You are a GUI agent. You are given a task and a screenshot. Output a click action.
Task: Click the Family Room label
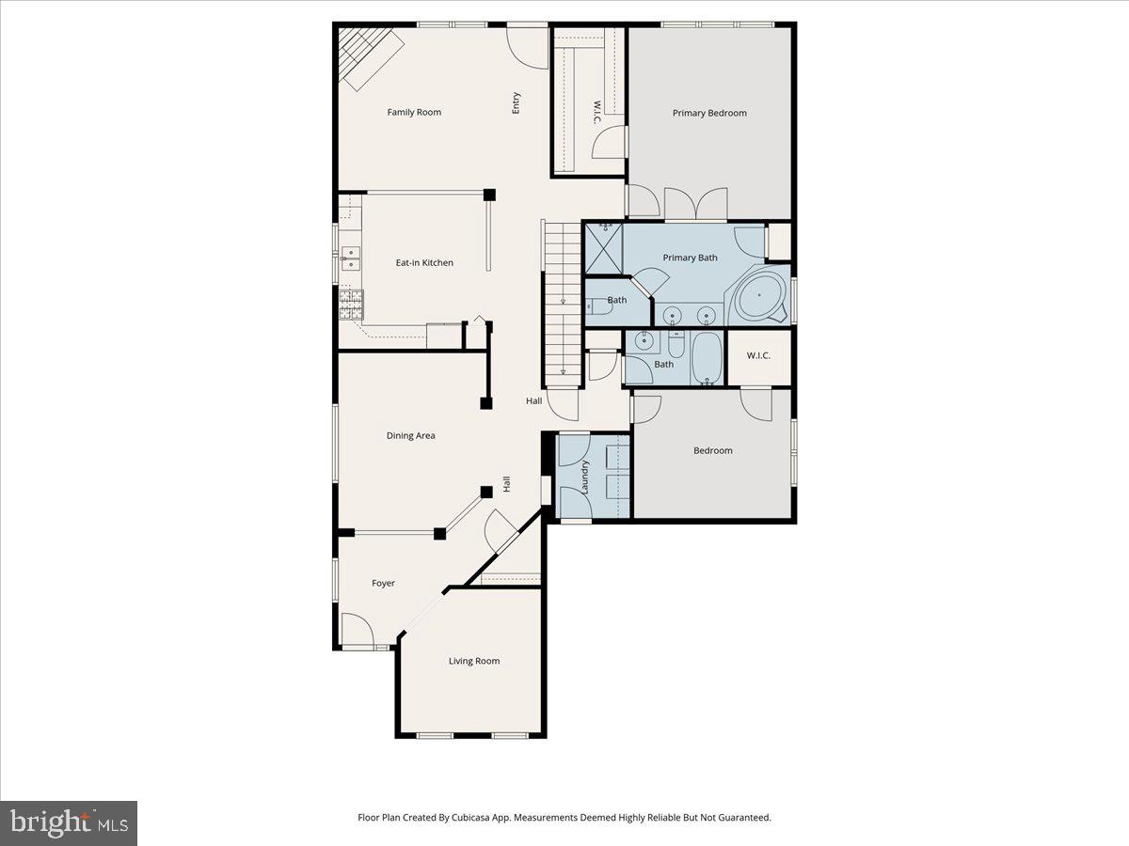click(414, 113)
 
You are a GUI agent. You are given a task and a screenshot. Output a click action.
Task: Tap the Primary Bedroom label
click(709, 113)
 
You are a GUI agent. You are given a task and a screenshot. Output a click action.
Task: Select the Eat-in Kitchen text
click(424, 263)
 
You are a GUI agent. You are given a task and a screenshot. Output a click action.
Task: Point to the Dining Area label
click(410, 436)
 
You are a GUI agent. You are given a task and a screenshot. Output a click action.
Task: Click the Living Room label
click(474, 661)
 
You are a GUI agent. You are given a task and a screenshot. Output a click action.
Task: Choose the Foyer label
click(383, 584)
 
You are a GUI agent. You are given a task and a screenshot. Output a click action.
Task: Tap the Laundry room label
click(585, 477)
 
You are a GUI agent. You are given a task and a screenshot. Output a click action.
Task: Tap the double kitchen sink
click(351, 258)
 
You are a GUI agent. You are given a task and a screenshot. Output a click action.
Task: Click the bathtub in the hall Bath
click(707, 358)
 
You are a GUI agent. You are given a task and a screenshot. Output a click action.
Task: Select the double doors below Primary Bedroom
click(695, 204)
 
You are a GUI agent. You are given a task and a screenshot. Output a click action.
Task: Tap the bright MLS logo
click(69, 823)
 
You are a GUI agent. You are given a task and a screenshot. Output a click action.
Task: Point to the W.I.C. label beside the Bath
click(758, 355)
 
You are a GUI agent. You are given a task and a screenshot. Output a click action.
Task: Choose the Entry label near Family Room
click(516, 103)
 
